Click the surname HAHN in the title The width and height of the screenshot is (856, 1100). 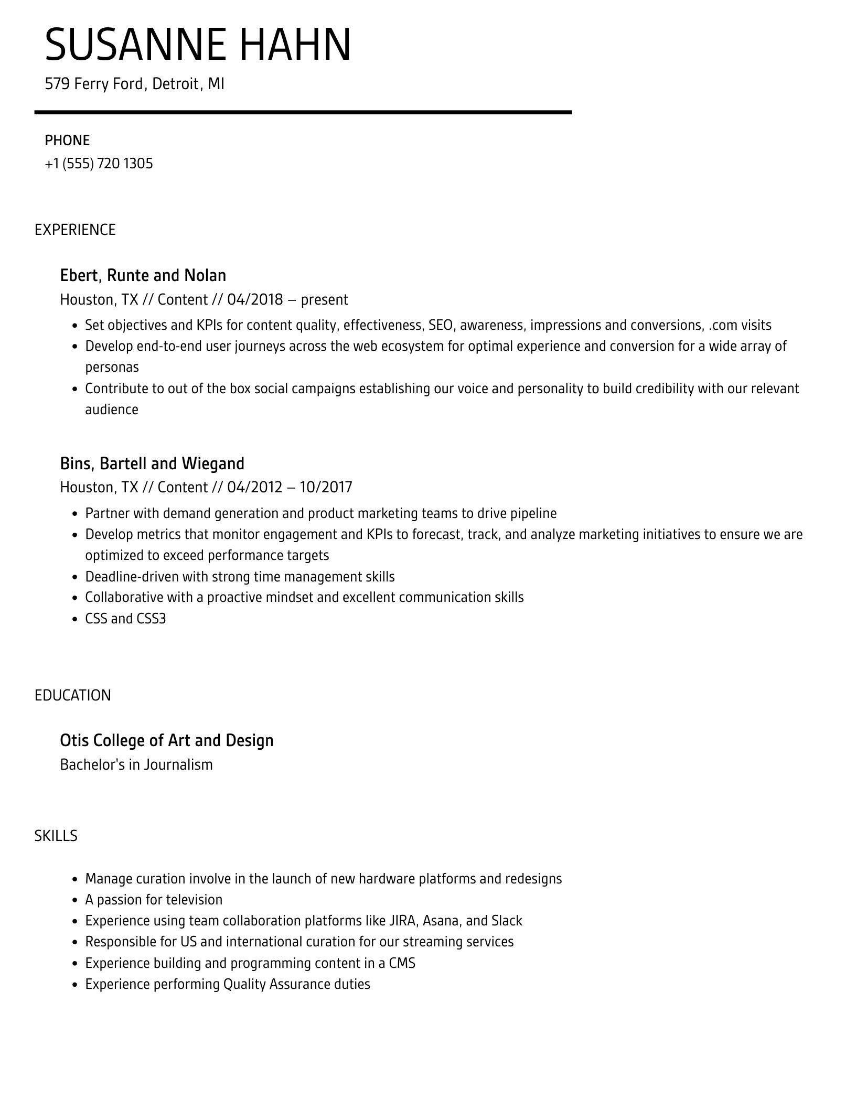click(295, 45)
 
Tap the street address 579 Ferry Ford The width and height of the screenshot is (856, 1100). click(93, 84)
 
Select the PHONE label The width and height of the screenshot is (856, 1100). click(67, 141)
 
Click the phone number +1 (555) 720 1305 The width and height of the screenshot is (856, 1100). click(99, 164)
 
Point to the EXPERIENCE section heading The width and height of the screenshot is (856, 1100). click(75, 230)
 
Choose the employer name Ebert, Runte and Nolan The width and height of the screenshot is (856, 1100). click(143, 275)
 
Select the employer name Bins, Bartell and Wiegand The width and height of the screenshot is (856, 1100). click(152, 463)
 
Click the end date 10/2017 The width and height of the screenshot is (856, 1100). click(326, 487)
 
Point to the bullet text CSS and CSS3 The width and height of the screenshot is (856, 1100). click(125, 619)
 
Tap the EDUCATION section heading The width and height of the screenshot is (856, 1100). click(73, 695)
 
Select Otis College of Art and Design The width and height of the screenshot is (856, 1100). click(167, 740)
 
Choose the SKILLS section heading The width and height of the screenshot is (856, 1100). click(56, 836)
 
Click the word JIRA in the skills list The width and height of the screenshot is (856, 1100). click(403, 921)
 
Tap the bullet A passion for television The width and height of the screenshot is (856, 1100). click(154, 900)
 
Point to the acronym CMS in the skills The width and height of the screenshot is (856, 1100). click(402, 963)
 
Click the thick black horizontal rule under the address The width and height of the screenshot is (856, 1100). click(303, 112)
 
